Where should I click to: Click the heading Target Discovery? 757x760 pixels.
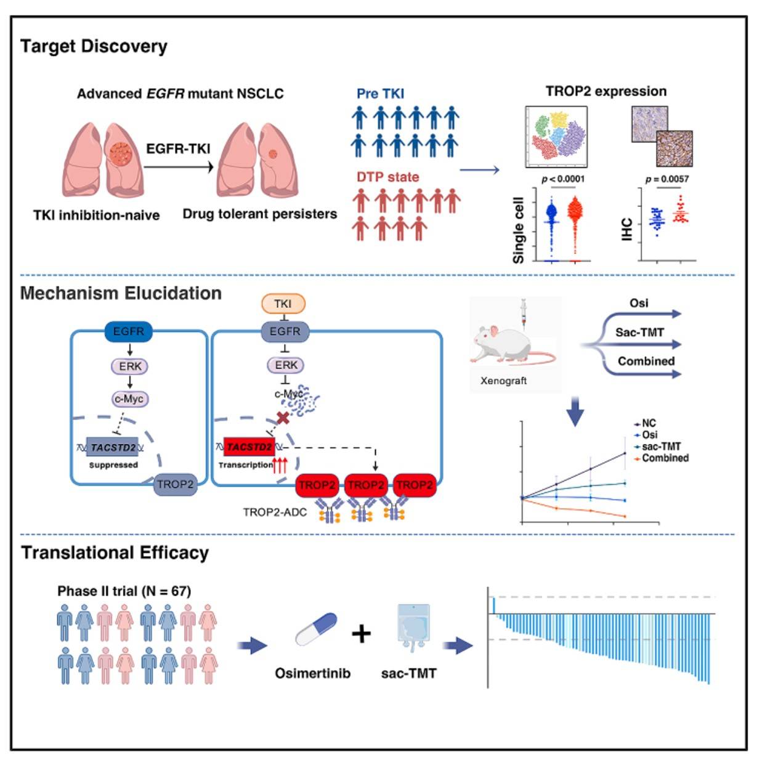point(94,47)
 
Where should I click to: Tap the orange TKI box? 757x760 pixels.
point(283,304)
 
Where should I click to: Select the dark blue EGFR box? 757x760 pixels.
point(128,331)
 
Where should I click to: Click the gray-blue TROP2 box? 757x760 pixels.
point(175,484)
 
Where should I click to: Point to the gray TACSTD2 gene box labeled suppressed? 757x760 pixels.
point(113,447)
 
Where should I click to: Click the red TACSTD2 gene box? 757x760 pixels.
point(249,447)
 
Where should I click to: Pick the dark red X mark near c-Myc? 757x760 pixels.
point(283,418)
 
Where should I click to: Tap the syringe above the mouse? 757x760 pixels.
point(524,313)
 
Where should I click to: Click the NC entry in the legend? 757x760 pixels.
point(645,423)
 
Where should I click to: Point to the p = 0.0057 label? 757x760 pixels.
point(667,179)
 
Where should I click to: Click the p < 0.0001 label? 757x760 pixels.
point(563,179)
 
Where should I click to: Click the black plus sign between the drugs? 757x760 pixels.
point(362,634)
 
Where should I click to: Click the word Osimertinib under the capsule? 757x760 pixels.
point(312,673)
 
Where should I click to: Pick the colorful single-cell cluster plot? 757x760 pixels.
point(556,137)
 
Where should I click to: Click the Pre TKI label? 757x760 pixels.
point(380,94)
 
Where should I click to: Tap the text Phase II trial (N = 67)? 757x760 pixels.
point(124,591)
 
